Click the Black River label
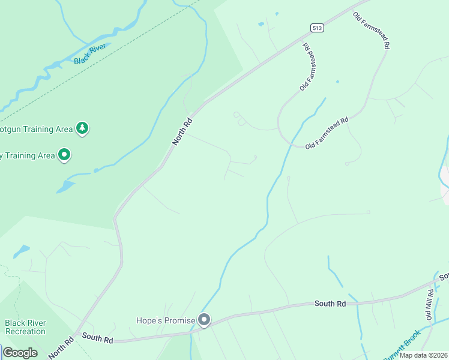[90, 53]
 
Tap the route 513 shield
[316, 28]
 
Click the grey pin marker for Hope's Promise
[205, 320]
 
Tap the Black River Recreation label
[25, 327]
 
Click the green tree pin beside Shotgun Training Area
[82, 128]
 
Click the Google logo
[20, 352]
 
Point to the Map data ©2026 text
[424, 355]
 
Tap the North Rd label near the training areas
[182, 131]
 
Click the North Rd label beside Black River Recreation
[61, 347]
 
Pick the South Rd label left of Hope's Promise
[98, 340]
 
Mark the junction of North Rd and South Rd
[75, 334]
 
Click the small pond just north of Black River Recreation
[22, 250]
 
